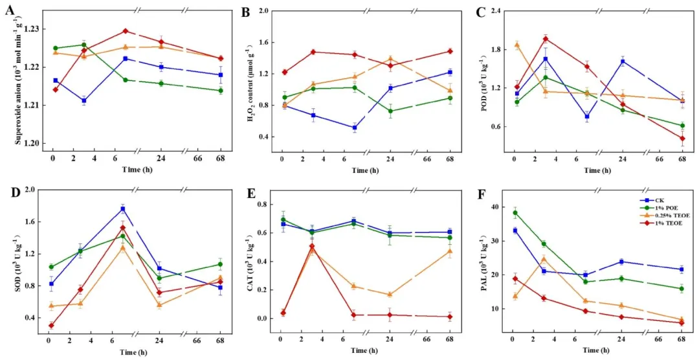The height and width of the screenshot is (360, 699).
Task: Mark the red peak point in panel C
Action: point(546,39)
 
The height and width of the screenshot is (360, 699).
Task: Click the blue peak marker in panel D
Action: point(122,208)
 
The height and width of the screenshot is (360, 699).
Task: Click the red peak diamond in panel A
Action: point(125,31)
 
